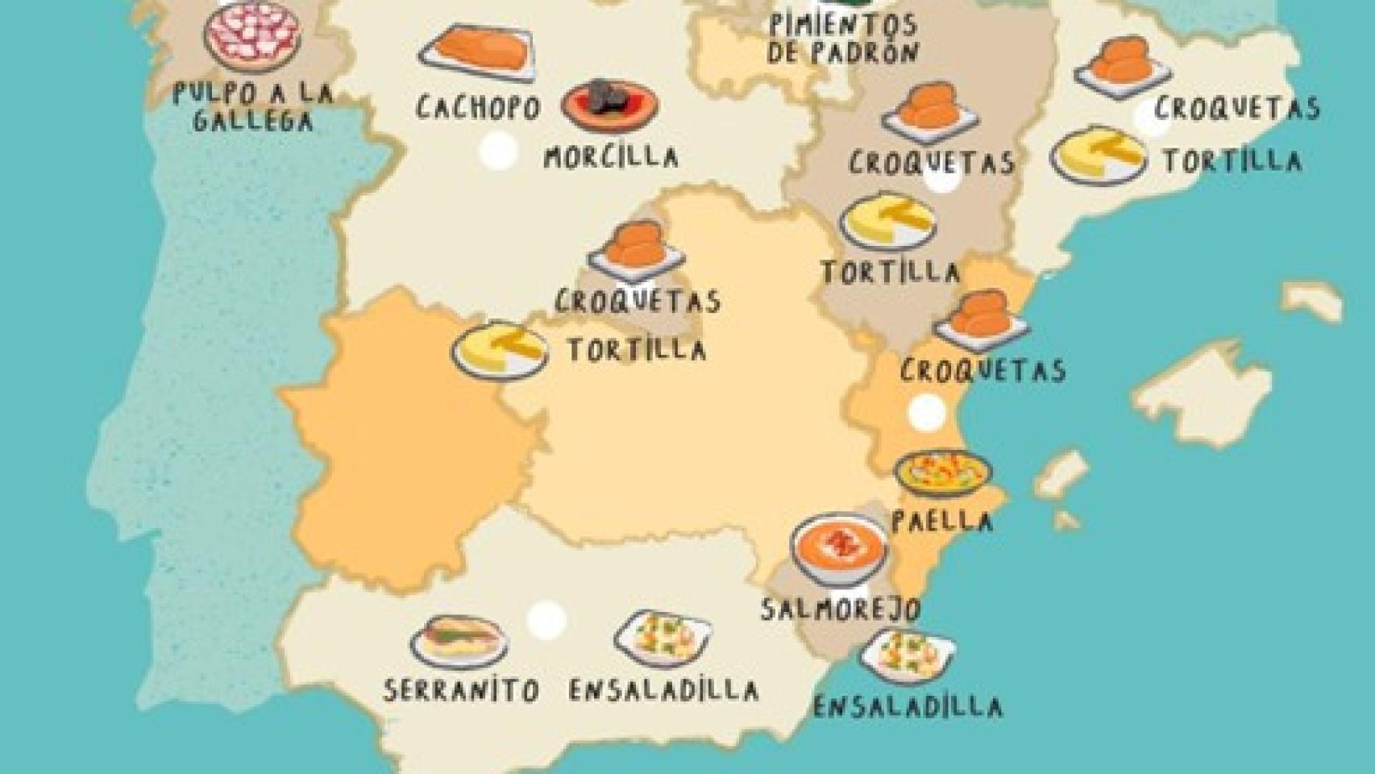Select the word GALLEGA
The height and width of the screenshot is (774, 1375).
click(x=252, y=121)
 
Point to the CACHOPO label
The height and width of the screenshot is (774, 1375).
click(x=477, y=107)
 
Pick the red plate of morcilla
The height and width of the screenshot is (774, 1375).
click(x=610, y=105)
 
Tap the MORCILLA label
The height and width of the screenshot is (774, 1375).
click(x=610, y=156)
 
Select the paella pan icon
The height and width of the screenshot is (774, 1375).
click(x=943, y=472)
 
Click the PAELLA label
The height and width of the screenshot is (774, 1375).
click(x=941, y=520)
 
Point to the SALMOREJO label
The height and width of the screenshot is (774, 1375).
click(x=840, y=608)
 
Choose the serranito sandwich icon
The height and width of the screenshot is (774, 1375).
click(x=459, y=640)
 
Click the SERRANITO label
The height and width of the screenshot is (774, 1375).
click(x=461, y=690)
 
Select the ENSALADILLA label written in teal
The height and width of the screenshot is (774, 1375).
click(x=908, y=707)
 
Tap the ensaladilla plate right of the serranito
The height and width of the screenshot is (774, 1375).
click(x=663, y=638)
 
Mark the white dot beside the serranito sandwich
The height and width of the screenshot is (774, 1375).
click(x=546, y=620)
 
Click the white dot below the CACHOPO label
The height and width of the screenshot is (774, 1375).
click(x=497, y=152)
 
